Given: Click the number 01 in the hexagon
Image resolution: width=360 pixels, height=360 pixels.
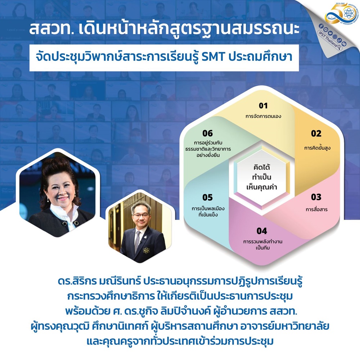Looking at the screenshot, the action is tap(263, 105).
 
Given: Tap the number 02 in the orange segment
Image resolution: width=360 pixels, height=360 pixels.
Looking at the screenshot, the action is tap(316, 134).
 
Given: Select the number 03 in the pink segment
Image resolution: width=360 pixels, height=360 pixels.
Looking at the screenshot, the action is tap(316, 197).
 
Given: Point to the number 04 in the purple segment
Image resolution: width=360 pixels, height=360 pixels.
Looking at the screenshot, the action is tap(262, 231).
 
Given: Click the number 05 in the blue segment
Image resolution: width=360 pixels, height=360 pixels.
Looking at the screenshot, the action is tap(208, 197).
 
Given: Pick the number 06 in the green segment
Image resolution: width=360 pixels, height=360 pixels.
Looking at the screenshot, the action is tap(208, 134).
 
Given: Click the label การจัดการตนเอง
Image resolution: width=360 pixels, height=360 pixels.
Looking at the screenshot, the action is tap(263, 116).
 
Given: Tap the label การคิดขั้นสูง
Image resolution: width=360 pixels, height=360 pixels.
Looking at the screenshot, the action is tap(317, 148).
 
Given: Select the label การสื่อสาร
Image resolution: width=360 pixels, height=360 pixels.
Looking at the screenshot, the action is tap(316, 209).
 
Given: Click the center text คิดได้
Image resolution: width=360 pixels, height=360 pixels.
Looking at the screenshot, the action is tap(262, 167).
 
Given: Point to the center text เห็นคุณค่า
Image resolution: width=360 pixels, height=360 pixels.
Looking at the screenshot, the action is tap(262, 187).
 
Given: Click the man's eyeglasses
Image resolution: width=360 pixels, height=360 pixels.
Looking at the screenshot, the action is tap(141, 215).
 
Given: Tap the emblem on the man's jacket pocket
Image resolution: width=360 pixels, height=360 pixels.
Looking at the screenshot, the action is tap(146, 250).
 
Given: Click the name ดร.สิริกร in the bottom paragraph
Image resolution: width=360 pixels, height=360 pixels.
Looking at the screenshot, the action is tap(77, 282).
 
